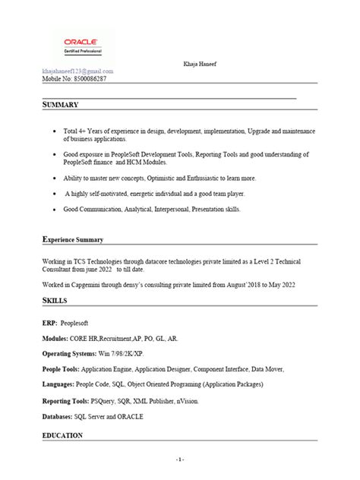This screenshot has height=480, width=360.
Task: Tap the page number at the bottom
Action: pos(180,460)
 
